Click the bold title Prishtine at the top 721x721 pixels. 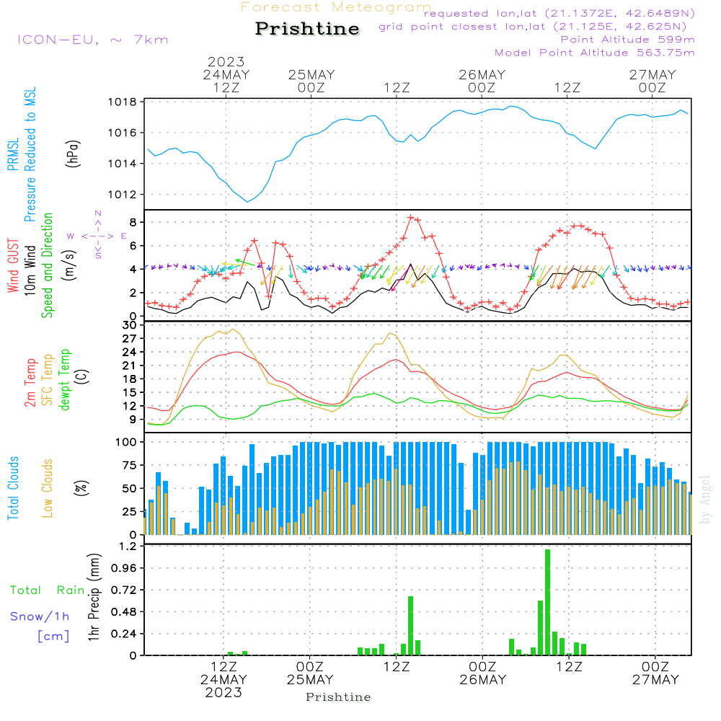click(x=307, y=29)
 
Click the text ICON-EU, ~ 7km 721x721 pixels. click(x=92, y=39)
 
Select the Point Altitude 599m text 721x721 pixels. click(x=627, y=39)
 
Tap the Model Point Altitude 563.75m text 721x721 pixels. click(x=595, y=52)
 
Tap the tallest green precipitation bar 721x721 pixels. click(x=548, y=602)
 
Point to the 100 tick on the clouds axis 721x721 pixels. click(x=127, y=441)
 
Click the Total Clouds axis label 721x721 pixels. click(x=14, y=488)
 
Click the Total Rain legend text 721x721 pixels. click(x=47, y=590)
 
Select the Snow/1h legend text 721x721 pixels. click(x=40, y=616)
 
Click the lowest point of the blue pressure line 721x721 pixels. click(x=247, y=202)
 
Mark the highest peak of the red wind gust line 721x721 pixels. click(x=410, y=217)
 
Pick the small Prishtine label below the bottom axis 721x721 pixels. click(x=338, y=697)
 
